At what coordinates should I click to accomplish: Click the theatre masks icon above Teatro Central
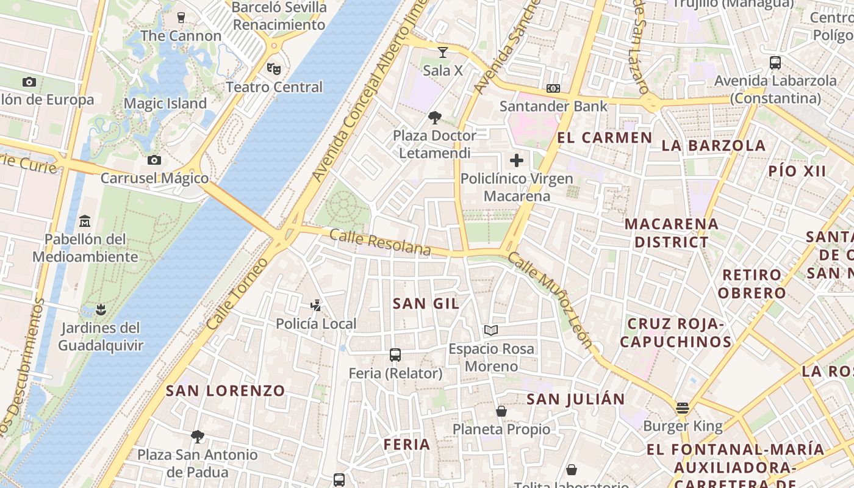pyautogui.click(x=274, y=68)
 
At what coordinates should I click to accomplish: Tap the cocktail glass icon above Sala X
pyautogui.click(x=443, y=52)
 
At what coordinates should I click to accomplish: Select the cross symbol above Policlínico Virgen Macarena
pyautogui.click(x=517, y=160)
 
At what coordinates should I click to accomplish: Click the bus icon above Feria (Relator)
pyautogui.click(x=395, y=354)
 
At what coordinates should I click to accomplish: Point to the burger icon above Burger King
pyautogui.click(x=683, y=407)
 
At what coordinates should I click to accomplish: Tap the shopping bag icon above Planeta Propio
pyautogui.click(x=501, y=411)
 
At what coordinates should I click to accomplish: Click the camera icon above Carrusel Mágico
pyautogui.click(x=154, y=160)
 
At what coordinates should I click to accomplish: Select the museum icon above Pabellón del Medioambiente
pyautogui.click(x=85, y=220)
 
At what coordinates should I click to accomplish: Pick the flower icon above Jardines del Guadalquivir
pyautogui.click(x=101, y=309)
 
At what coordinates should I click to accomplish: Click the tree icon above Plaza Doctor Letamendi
pyautogui.click(x=435, y=117)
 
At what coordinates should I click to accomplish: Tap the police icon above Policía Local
pyautogui.click(x=316, y=305)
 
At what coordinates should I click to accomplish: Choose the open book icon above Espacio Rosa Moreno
pyautogui.click(x=491, y=331)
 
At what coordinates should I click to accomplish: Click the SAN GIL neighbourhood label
pyautogui.click(x=426, y=303)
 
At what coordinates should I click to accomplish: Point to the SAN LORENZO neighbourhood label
pyautogui.click(x=226, y=390)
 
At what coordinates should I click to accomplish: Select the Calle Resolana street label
pyautogui.click(x=380, y=242)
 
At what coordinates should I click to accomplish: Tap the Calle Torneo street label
pyautogui.click(x=237, y=295)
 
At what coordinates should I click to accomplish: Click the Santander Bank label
pyautogui.click(x=553, y=106)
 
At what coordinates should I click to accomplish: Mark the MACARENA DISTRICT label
pyautogui.click(x=671, y=233)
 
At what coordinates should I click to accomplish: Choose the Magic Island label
pyautogui.click(x=165, y=104)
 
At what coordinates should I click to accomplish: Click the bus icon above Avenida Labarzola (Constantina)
pyautogui.click(x=775, y=62)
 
